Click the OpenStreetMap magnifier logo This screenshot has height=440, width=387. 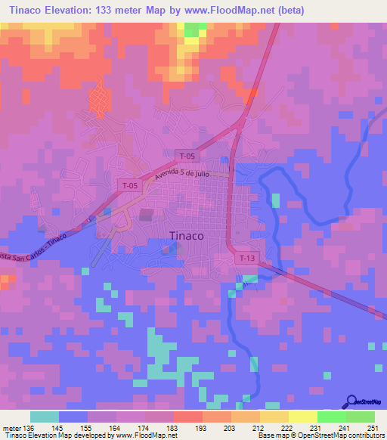pyautogui.click(x=353, y=401)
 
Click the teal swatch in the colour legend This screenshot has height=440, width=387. pyautogui.click(x=45, y=417)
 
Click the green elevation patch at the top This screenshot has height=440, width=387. pyautogui.click(x=195, y=29)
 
